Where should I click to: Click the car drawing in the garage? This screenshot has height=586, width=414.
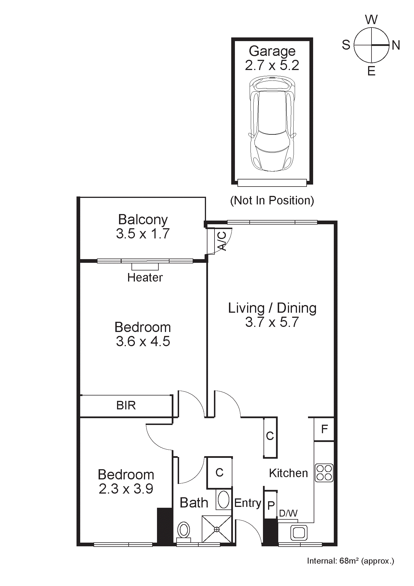pos(272,124)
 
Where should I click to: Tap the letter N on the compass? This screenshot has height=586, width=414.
pos(396,45)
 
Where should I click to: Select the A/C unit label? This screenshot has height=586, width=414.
pos(222,241)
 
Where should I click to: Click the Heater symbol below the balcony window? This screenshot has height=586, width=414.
pos(145,266)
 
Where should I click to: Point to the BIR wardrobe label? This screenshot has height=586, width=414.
pos(126,405)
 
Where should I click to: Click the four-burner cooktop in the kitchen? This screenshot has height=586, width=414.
pos(324,473)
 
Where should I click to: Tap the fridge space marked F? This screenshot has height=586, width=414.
pos(324,429)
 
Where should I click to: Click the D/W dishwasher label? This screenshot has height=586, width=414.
pos(288,513)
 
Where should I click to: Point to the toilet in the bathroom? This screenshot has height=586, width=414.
pos(184,530)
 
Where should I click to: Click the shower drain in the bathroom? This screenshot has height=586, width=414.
pos(217,529)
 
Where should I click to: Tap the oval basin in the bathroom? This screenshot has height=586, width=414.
pos(223,500)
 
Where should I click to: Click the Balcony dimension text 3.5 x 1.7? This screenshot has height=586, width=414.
pos(143,234)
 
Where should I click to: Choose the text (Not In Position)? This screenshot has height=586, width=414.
pos(272,200)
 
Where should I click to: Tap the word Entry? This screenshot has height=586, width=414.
pos(247,503)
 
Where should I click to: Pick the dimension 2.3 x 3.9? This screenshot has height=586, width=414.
pos(126,489)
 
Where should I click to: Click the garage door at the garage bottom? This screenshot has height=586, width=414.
pos(272,183)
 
